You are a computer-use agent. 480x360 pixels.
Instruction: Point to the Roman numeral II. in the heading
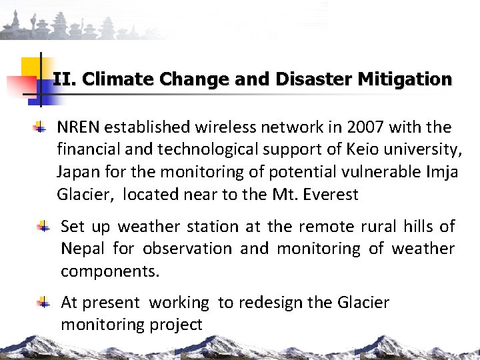point(65,79)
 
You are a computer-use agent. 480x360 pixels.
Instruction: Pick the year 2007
point(365,127)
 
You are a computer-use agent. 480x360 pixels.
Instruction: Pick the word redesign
point(270,303)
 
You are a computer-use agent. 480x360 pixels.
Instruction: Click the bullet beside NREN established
point(41,126)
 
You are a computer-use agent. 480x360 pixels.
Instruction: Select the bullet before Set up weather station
point(43,227)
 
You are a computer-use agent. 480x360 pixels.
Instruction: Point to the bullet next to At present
point(43,303)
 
